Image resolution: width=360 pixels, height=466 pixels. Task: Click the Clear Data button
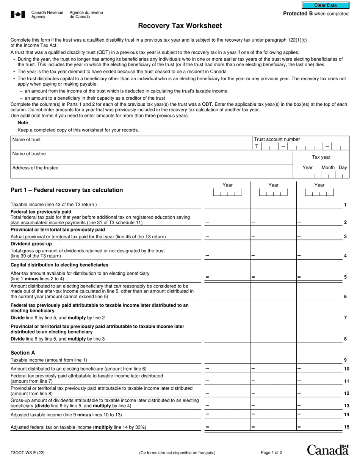point(325,5)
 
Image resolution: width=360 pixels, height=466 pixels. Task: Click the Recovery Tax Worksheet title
point(180,26)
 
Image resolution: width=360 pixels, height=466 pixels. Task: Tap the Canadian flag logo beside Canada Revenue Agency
point(18,14)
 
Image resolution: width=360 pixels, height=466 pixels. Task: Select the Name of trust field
point(131,143)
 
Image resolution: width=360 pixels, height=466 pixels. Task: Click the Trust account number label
point(277,139)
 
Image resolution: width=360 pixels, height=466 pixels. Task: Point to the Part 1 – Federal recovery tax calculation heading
point(67,190)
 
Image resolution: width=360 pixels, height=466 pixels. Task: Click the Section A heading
point(23,353)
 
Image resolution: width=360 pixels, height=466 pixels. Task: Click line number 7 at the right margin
point(345,318)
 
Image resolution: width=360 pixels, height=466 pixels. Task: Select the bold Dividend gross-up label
point(31,244)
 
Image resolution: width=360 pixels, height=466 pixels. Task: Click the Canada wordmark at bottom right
point(327,450)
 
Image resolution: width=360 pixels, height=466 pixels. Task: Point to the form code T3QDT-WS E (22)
point(27,452)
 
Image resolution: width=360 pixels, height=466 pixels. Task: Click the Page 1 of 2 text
point(271,452)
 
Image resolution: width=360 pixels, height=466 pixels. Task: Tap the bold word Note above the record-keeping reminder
point(23,123)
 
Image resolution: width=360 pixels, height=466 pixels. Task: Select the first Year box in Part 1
point(227,193)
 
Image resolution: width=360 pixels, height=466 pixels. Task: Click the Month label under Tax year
point(328,167)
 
